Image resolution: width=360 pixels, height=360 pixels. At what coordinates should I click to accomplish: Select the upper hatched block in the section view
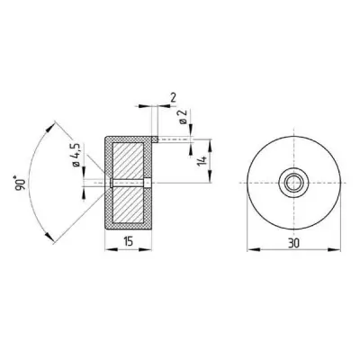[130, 162]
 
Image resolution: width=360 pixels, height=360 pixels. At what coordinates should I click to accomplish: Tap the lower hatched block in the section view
[130, 208]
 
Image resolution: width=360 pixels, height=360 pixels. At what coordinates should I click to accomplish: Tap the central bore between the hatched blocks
[130, 185]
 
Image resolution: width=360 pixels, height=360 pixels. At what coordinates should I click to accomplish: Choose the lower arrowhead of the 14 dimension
[211, 184]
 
